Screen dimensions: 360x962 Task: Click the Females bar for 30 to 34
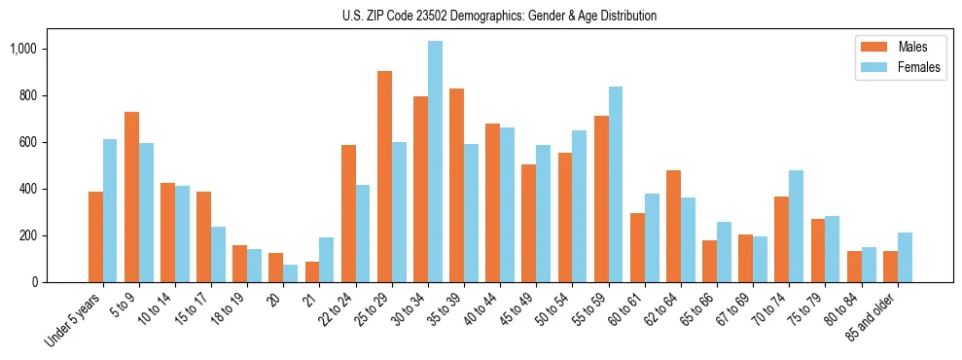click(x=435, y=162)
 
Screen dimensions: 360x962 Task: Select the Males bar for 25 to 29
click(x=384, y=176)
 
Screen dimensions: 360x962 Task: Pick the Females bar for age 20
click(x=291, y=273)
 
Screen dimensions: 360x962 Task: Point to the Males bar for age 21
click(x=312, y=271)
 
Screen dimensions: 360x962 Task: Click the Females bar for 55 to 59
click(x=615, y=184)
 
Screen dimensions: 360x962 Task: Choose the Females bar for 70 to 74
click(x=796, y=226)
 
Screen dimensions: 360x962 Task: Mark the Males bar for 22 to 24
click(x=348, y=213)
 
